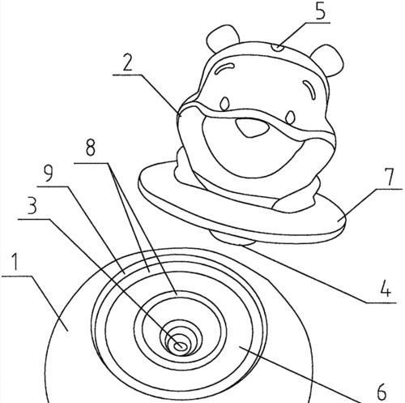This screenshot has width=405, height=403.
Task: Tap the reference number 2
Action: point(128,62)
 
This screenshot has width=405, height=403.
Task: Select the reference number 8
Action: point(91,148)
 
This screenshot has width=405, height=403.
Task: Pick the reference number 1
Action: point(15,262)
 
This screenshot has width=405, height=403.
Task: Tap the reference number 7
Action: point(390,177)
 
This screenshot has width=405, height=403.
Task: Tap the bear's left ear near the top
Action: point(222,38)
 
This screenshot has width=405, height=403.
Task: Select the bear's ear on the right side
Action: point(327,60)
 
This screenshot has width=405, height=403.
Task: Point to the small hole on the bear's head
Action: point(278,48)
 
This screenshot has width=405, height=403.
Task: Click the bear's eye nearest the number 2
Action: point(224,104)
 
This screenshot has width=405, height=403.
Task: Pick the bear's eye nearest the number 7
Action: point(290,118)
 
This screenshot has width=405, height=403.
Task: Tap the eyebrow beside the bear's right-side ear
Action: point(310,90)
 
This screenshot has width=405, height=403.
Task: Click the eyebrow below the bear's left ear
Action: point(224,68)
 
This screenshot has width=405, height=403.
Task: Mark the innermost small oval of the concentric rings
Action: point(179,345)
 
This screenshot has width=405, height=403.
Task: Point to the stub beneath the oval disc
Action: point(232,237)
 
